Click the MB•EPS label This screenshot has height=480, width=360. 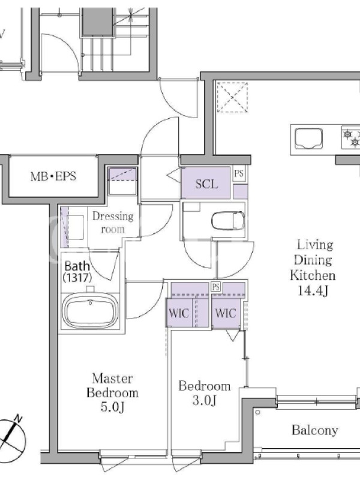tap(53, 176)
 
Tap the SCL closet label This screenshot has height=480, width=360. tap(206, 184)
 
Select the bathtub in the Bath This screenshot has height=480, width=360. tap(91, 311)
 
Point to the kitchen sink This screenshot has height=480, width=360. tap(308, 139)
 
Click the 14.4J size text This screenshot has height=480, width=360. tap(313, 290)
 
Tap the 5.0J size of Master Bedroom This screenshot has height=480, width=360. tap(112, 407)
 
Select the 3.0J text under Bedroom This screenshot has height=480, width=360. tap(205, 400)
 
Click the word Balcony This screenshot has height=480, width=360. tap(314, 430)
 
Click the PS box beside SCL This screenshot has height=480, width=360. tap(239, 174)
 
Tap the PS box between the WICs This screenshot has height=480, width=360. tap(216, 287)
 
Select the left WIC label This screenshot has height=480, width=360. tap(179, 313)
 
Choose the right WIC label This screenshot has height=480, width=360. tap(226, 313)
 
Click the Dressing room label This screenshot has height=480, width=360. tap(113, 223)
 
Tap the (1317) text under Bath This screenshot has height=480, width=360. tap(77, 277)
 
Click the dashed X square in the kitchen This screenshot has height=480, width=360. tap(232, 97)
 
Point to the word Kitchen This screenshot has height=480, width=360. tap(313, 275)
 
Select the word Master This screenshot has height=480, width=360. tap(112, 379)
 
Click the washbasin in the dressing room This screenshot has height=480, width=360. tap(76, 227)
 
